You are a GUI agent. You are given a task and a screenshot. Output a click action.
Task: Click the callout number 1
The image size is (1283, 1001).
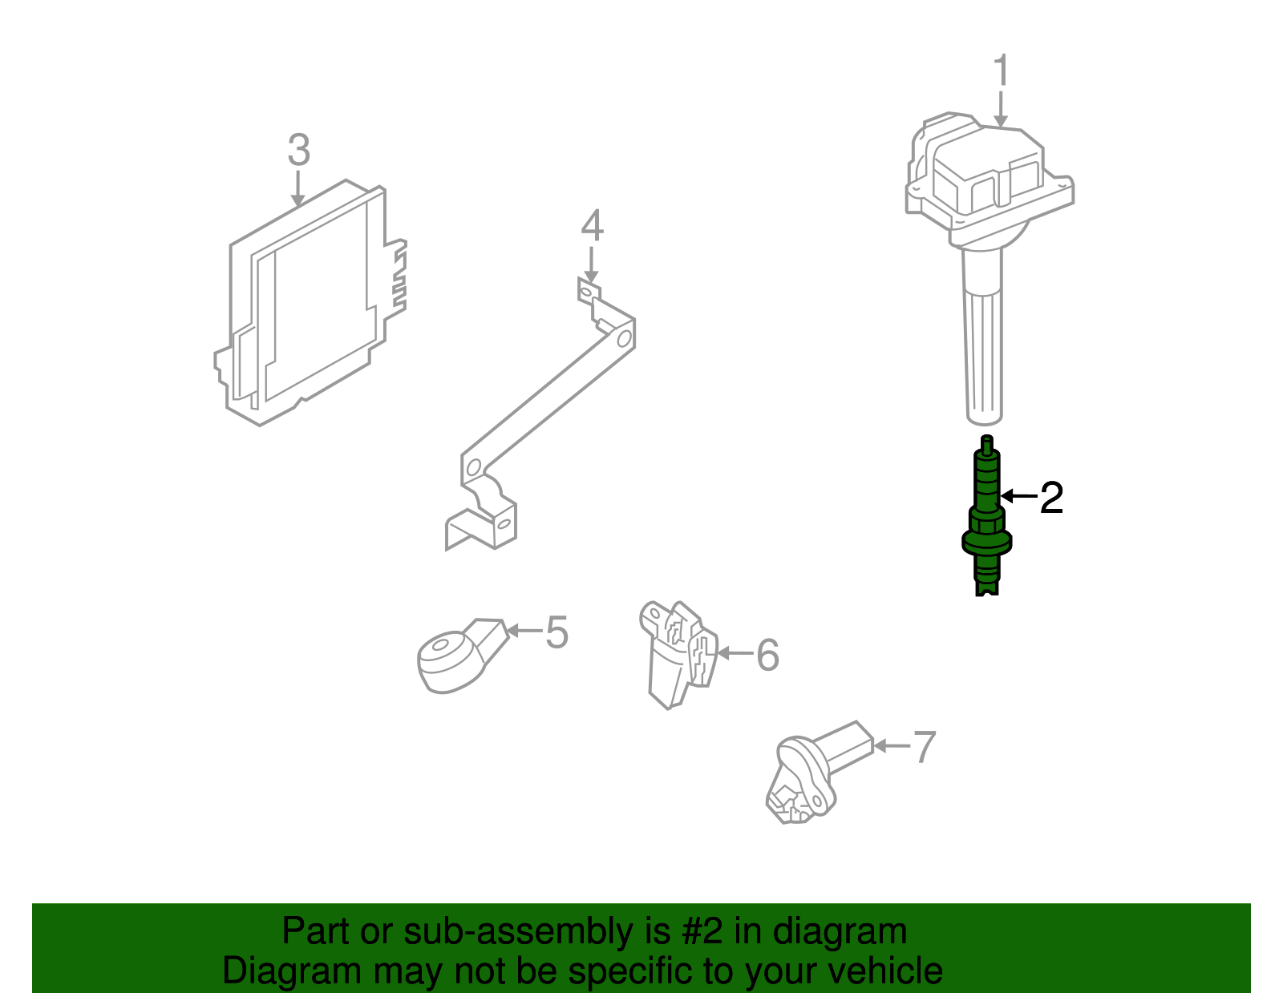point(1001,71)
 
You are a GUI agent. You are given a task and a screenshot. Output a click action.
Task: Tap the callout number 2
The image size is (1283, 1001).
point(1051,498)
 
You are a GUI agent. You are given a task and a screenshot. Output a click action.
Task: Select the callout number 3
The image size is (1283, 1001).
point(298,151)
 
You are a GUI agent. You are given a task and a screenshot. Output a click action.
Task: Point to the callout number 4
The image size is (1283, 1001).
point(592,226)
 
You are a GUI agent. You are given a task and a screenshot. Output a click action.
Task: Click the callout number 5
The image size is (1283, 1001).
point(557,632)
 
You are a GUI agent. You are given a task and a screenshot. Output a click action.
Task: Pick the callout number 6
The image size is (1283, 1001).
point(767,655)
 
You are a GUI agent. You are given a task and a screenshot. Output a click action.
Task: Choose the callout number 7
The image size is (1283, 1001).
point(925,747)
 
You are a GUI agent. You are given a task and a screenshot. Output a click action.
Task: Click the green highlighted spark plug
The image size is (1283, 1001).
point(986,513)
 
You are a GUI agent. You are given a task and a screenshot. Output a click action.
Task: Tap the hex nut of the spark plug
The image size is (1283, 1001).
point(986,524)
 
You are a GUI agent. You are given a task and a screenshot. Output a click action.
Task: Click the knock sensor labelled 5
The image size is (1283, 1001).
point(453,659)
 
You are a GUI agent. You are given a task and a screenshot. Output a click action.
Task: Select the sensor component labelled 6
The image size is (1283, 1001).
point(678,653)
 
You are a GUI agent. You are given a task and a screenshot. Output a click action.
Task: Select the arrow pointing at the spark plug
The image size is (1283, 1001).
point(1018,497)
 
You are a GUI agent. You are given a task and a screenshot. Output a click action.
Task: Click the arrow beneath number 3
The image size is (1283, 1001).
point(298,190)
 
